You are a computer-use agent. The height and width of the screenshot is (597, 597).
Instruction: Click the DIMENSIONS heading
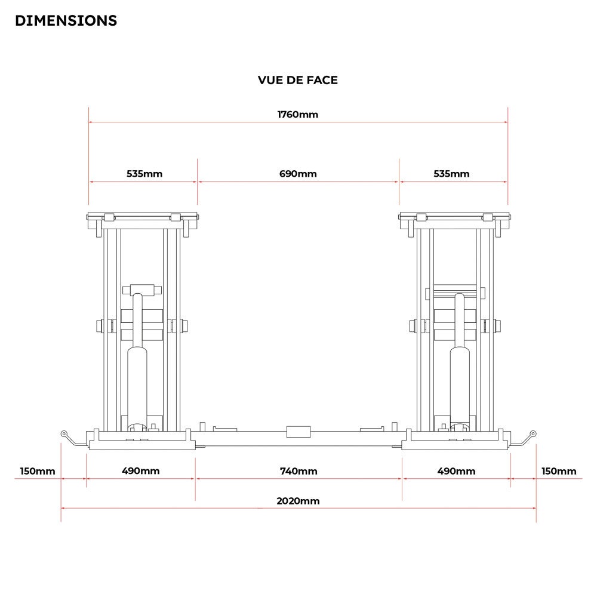click(x=66, y=20)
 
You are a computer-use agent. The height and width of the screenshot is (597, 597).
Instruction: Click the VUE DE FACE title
click(x=297, y=80)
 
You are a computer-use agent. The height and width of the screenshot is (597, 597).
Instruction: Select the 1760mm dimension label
click(x=297, y=115)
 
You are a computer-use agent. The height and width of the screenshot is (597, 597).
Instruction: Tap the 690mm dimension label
click(x=298, y=174)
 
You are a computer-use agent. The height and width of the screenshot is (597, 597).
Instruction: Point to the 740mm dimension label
click(x=298, y=471)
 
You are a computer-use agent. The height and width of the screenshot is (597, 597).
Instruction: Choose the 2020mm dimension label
click(x=298, y=501)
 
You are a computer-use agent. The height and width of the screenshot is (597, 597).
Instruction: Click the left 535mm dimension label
click(x=144, y=174)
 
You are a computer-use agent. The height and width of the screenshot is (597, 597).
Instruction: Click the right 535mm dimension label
click(x=451, y=174)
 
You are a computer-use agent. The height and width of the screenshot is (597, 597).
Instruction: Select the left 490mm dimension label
click(x=141, y=471)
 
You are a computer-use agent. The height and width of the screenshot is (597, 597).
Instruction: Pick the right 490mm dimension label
click(x=456, y=471)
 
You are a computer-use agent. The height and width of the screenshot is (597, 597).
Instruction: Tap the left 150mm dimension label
click(x=37, y=471)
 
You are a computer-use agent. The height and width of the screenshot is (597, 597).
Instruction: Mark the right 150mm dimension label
click(x=559, y=471)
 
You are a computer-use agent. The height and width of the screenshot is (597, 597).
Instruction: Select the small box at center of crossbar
click(x=298, y=432)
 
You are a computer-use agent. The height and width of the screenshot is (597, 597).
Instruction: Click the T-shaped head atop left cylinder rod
click(x=142, y=290)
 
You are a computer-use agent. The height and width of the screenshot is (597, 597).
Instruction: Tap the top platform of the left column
click(x=142, y=217)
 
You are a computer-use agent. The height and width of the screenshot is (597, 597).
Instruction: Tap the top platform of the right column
click(x=454, y=217)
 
